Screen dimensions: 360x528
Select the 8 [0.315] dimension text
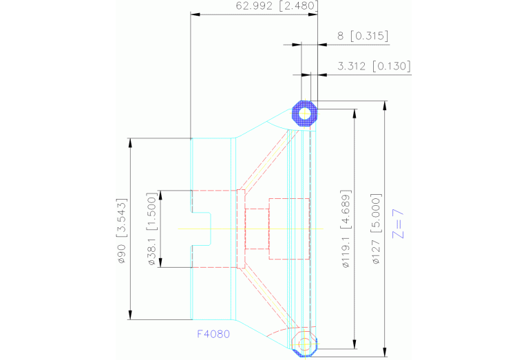[363, 36]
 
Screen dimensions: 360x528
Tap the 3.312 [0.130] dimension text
[374, 66]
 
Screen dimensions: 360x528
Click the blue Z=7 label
[397, 224]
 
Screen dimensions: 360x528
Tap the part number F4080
[213, 334]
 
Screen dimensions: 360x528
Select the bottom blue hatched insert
[304, 343]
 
